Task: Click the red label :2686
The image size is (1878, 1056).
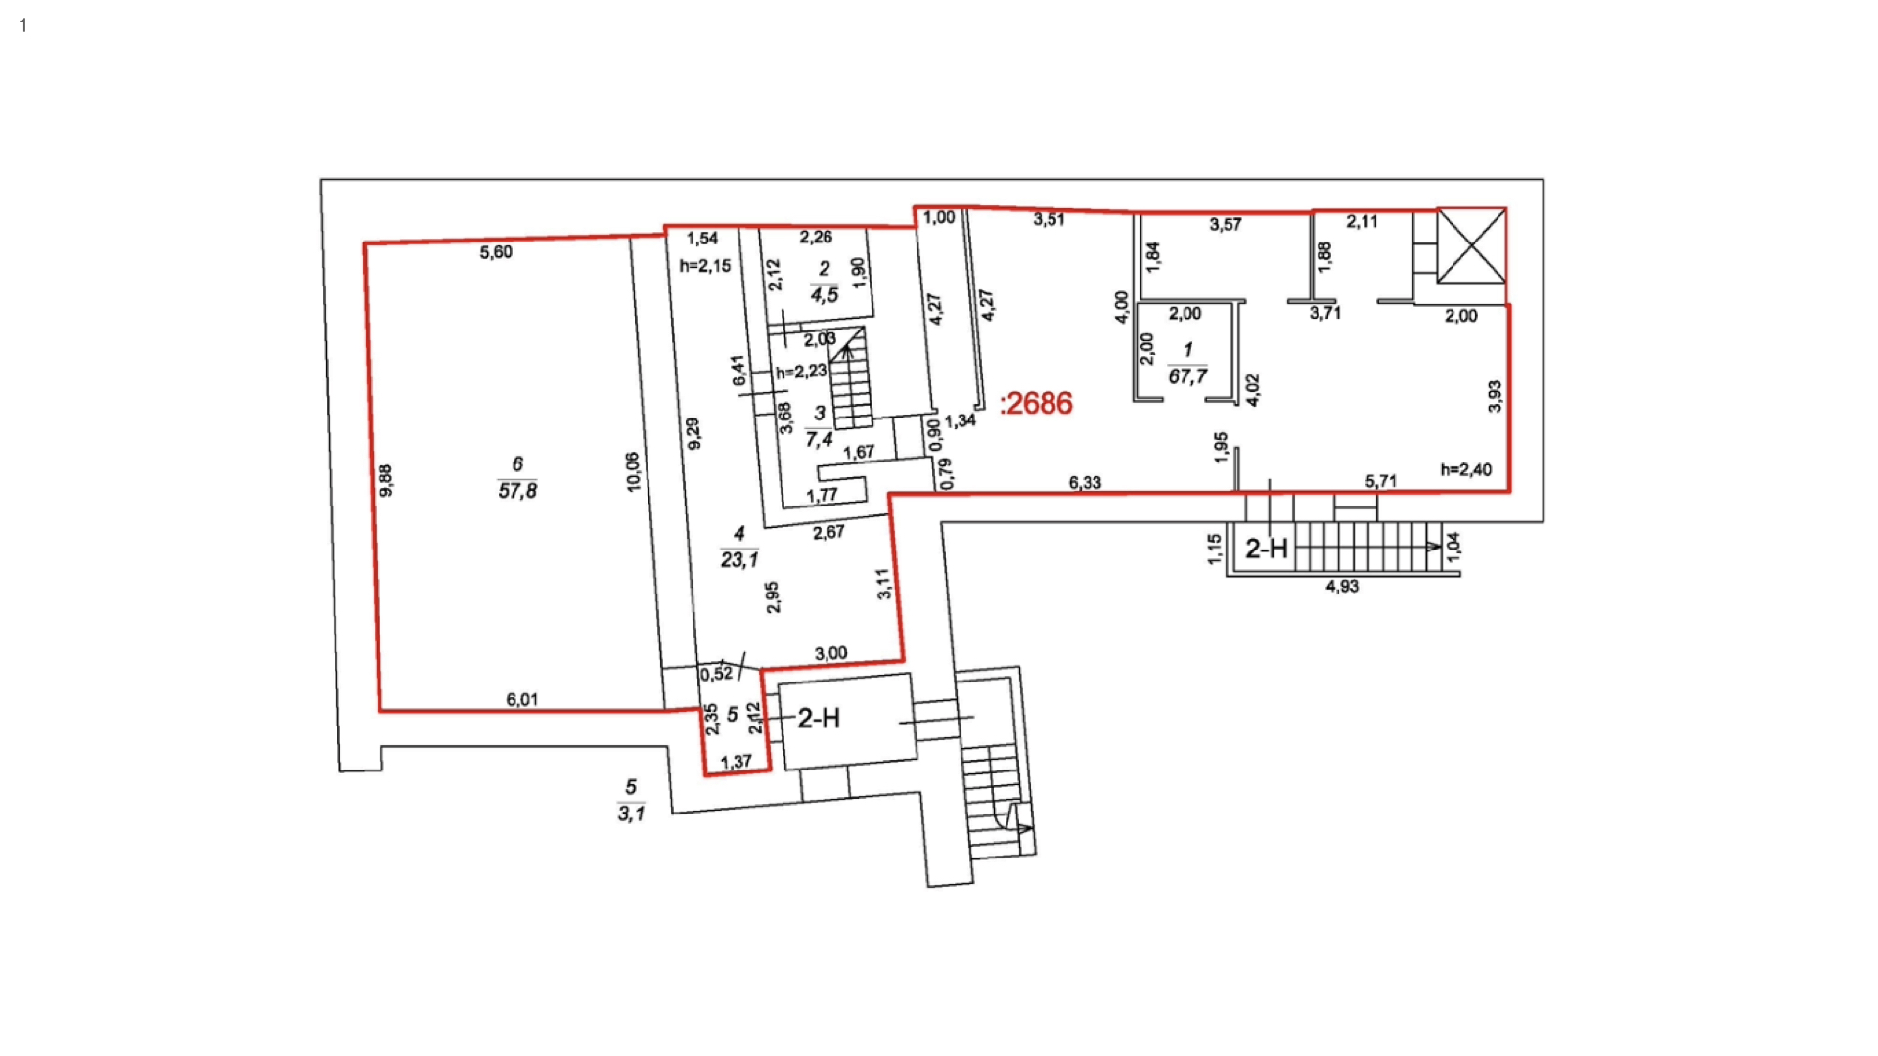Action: pyautogui.click(x=1036, y=403)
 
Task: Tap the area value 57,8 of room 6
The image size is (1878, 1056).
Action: pyautogui.click(x=517, y=491)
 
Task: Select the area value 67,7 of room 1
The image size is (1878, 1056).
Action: pyautogui.click(x=1187, y=376)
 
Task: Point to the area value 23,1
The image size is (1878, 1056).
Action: pyautogui.click(x=739, y=560)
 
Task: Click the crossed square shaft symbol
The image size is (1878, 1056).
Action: pyautogui.click(x=1471, y=245)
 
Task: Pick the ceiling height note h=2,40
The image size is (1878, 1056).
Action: pyautogui.click(x=1466, y=470)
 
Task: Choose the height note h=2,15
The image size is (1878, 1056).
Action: pyautogui.click(x=705, y=266)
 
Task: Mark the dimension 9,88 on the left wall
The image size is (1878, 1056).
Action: pyautogui.click(x=385, y=480)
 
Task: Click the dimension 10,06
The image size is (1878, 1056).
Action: pyautogui.click(x=633, y=471)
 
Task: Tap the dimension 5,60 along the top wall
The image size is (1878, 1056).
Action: pyautogui.click(x=496, y=252)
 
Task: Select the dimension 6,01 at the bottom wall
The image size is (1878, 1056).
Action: pyautogui.click(x=522, y=699)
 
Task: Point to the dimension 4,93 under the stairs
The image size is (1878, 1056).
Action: pyautogui.click(x=1342, y=586)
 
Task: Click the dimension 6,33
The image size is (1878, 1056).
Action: pyautogui.click(x=1085, y=482)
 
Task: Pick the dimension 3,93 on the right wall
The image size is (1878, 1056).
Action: pyautogui.click(x=1495, y=396)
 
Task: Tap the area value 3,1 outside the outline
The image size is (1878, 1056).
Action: pyautogui.click(x=631, y=814)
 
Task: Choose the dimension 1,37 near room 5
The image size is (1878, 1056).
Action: pyautogui.click(x=736, y=762)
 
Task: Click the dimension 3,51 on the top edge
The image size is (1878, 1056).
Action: pyautogui.click(x=1049, y=219)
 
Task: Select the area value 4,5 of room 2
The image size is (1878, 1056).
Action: pyautogui.click(x=825, y=295)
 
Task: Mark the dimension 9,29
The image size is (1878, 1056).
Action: pyautogui.click(x=693, y=433)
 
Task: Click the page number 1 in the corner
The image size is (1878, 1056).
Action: pyautogui.click(x=23, y=25)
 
